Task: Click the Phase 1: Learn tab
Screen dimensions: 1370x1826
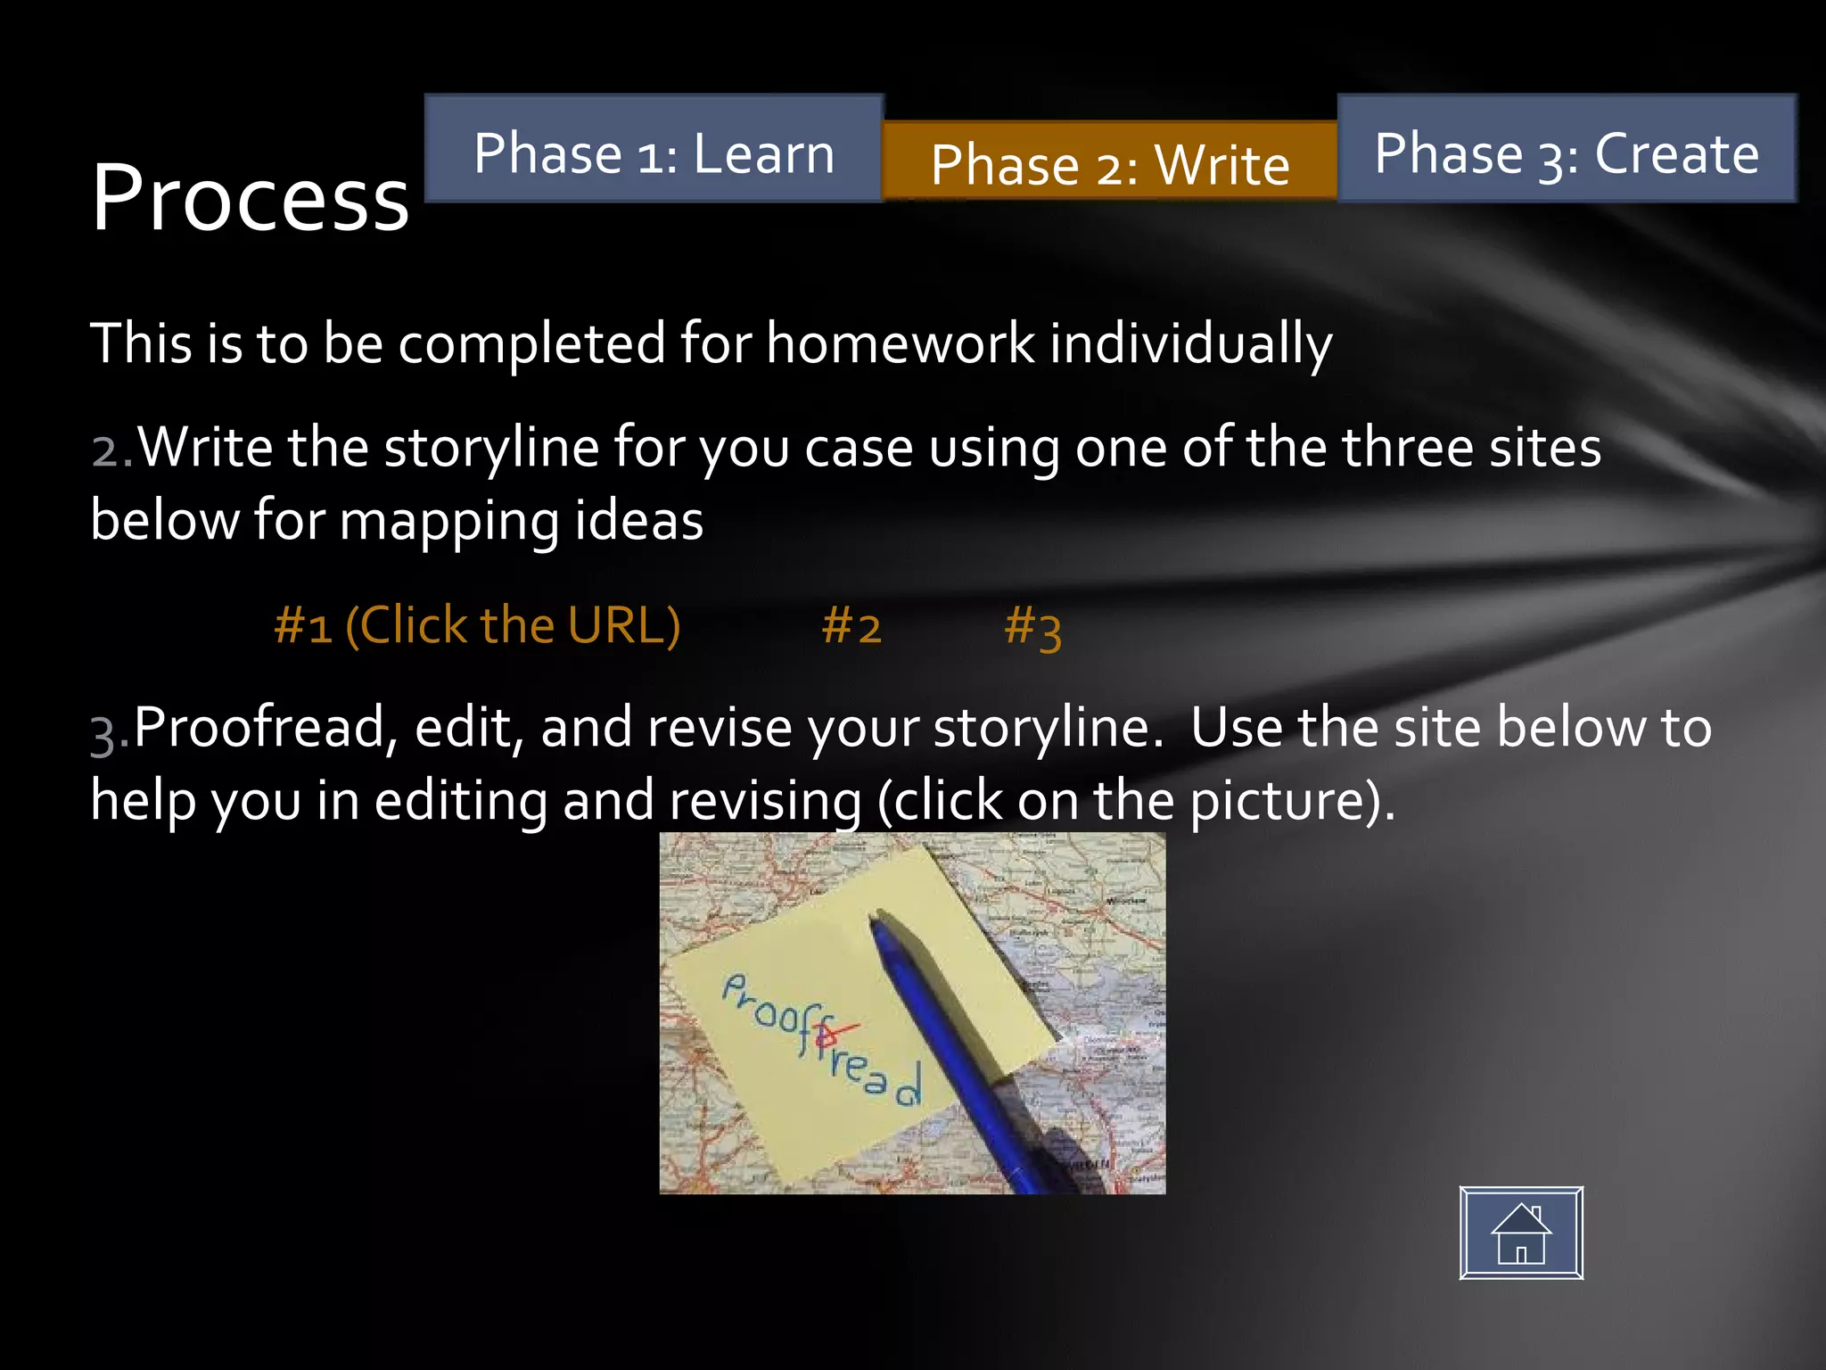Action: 654,150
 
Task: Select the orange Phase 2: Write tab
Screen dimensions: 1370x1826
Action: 1109,162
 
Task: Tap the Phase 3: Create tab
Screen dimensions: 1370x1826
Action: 1567,150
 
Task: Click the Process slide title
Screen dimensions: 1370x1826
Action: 250,198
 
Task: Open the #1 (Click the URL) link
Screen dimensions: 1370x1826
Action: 477,625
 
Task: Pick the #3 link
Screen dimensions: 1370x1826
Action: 1032,627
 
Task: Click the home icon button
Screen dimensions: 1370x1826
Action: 1521,1233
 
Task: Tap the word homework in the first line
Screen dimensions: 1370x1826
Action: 900,343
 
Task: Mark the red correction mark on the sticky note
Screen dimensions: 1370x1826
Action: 834,1035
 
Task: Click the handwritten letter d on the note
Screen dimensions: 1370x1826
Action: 908,1085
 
